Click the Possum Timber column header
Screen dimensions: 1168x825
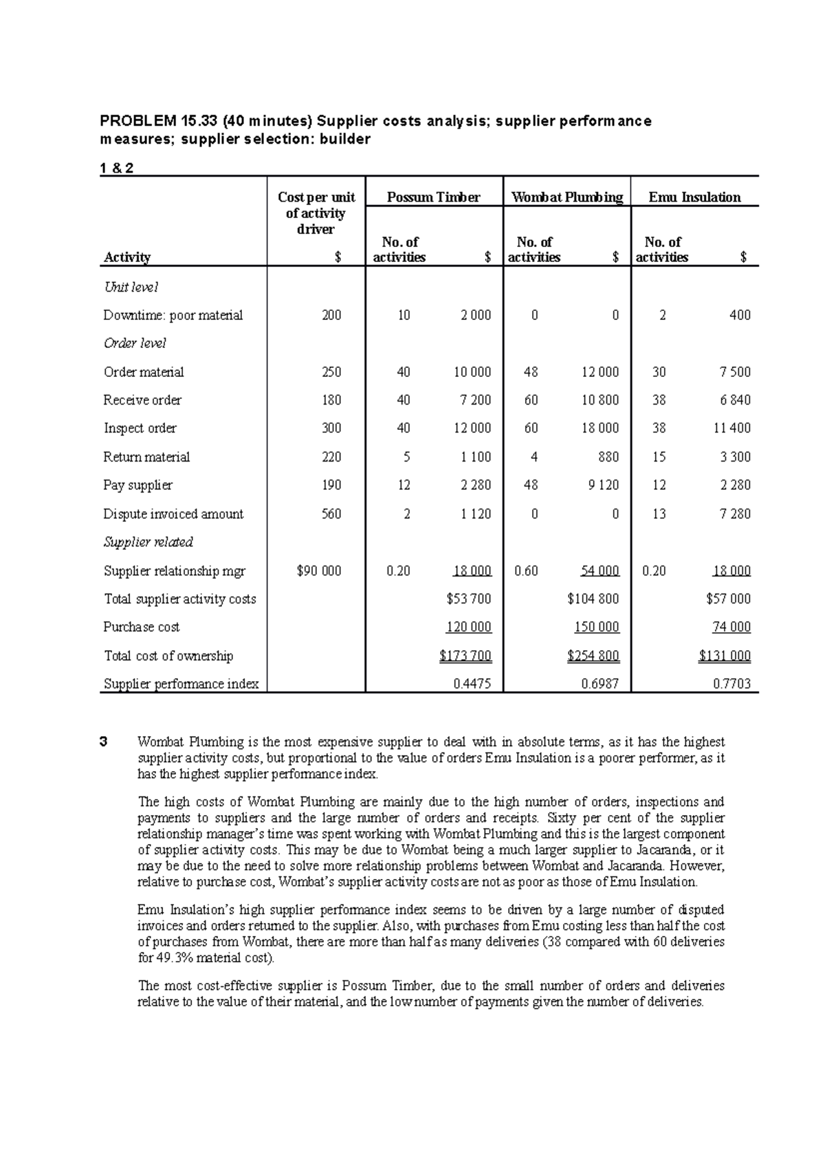433,197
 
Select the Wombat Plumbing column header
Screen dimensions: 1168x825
567,197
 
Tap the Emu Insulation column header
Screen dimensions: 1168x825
694,197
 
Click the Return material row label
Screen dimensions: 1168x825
146,457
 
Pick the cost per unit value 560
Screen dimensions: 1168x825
331,514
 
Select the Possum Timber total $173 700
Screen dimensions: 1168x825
465,656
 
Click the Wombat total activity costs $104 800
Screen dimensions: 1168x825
593,599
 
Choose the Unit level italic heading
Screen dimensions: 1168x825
131,287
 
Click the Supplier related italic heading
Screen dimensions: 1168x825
148,542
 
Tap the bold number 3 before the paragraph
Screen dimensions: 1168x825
104,742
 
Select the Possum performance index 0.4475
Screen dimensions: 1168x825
472,684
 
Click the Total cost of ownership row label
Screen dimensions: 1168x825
168,656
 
